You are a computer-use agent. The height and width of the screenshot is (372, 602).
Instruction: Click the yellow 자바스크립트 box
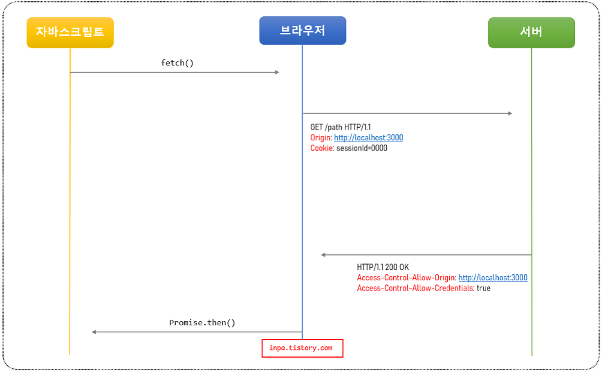(70, 32)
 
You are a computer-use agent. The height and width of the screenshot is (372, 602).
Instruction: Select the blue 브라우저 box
(302, 31)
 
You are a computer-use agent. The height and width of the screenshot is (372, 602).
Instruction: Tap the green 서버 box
(531, 32)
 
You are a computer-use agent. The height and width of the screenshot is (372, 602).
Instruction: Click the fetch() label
(177, 63)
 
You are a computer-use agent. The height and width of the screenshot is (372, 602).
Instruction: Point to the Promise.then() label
(202, 323)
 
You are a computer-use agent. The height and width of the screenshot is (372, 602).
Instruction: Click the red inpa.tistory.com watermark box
(302, 348)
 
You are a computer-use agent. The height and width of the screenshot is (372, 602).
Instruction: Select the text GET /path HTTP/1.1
(340, 128)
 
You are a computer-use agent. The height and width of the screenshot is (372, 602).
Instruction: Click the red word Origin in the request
(320, 138)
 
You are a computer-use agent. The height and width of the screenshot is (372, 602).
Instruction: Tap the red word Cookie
(321, 148)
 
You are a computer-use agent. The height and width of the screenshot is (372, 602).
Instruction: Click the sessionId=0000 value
(362, 148)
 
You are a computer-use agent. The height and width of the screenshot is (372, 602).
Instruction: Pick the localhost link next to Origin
(368, 138)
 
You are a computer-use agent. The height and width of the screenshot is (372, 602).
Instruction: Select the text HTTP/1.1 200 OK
(383, 267)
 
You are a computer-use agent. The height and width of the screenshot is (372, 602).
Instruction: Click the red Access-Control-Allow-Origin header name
(406, 278)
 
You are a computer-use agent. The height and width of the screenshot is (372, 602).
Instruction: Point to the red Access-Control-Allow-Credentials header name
(415, 288)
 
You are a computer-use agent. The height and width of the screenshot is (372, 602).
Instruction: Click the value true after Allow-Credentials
(483, 288)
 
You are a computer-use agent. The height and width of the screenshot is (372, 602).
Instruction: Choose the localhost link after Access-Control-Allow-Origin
(493, 278)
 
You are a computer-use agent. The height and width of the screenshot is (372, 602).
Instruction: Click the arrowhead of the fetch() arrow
(277, 73)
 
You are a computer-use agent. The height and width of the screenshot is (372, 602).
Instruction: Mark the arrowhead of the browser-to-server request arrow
(510, 113)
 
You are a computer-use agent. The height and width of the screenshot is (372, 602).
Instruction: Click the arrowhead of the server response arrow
(324, 255)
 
